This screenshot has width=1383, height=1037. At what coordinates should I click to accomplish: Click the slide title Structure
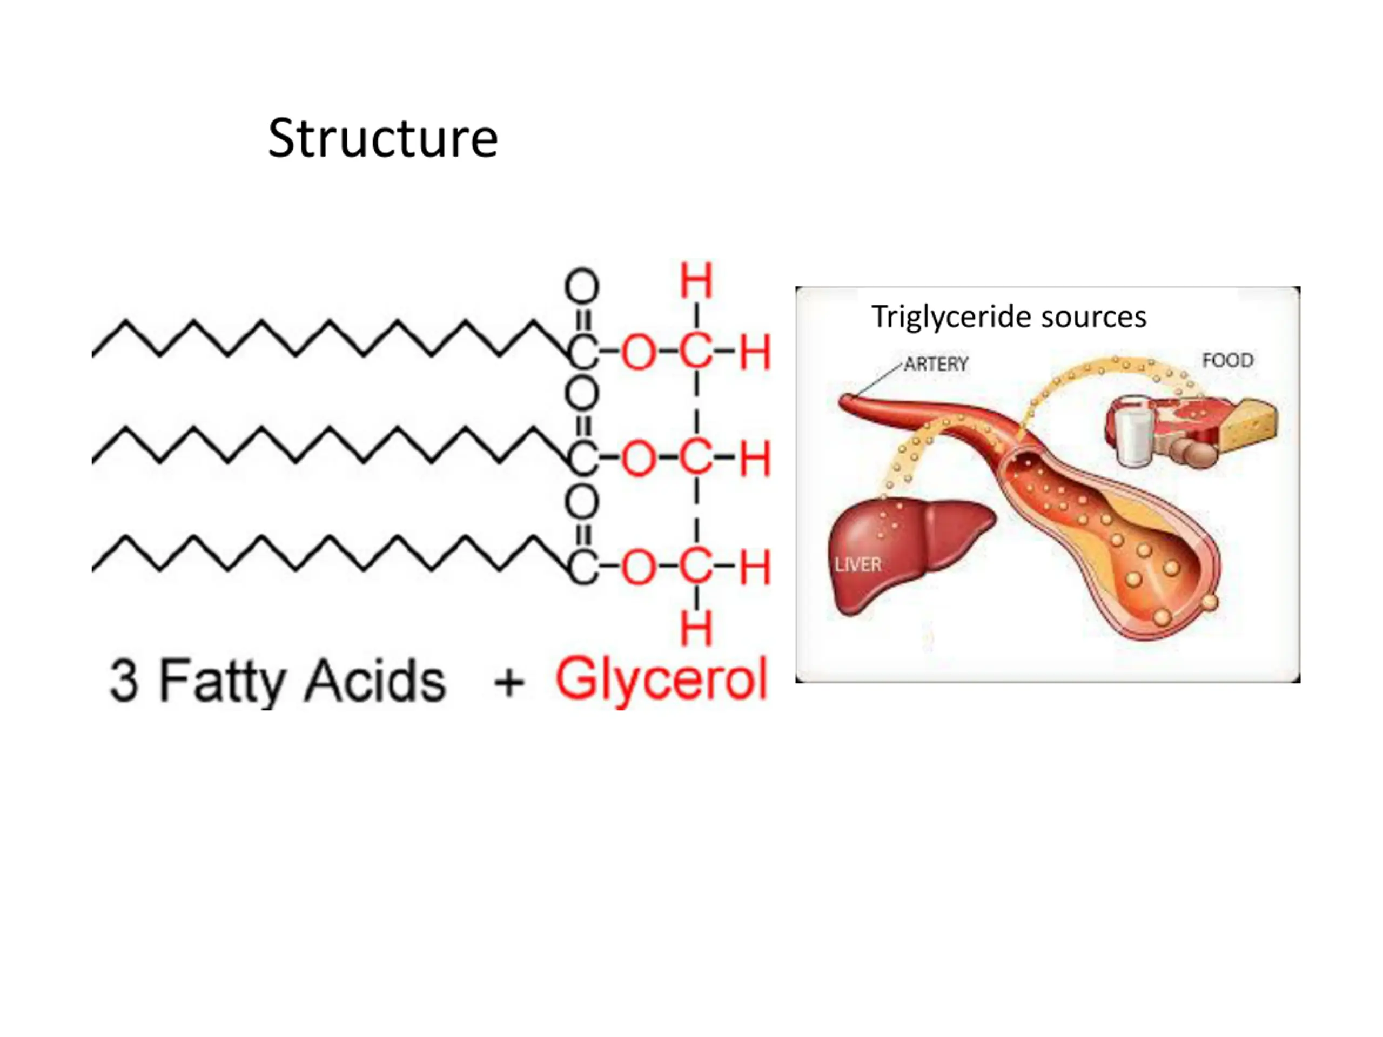click(382, 138)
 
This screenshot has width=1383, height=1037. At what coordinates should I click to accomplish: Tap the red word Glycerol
click(661, 679)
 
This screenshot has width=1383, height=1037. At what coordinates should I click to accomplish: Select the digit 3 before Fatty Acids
click(123, 681)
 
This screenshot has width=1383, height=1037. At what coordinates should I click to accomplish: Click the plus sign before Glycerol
click(509, 681)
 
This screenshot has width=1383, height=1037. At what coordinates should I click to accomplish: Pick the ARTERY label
click(936, 364)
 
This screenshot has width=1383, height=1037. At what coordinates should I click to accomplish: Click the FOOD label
click(1227, 361)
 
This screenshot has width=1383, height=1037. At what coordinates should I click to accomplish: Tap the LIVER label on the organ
click(858, 565)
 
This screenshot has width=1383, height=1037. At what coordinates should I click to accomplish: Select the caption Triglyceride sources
click(1009, 317)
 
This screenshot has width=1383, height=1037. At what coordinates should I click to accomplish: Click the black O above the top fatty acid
click(582, 287)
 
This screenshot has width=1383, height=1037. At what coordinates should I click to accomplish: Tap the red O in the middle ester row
click(639, 460)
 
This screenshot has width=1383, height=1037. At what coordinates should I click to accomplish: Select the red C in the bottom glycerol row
click(696, 568)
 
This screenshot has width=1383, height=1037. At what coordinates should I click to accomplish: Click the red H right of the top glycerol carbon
click(755, 352)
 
